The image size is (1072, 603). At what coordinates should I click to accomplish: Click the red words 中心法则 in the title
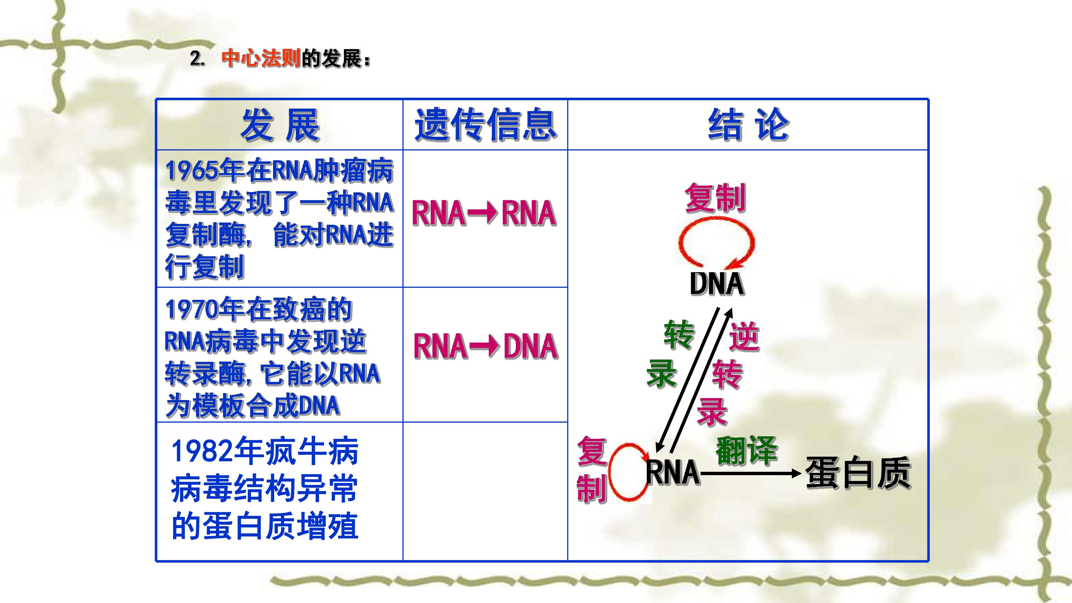261,58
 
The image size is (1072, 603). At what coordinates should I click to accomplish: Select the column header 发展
280,125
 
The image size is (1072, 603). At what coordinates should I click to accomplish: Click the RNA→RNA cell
484,213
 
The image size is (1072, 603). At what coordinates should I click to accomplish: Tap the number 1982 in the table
202,451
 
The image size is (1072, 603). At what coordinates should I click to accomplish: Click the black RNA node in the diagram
673,472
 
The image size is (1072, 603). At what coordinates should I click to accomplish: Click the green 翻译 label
746,450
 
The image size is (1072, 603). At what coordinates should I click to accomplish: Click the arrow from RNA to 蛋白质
751,473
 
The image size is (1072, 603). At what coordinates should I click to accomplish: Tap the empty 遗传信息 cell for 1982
485,491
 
